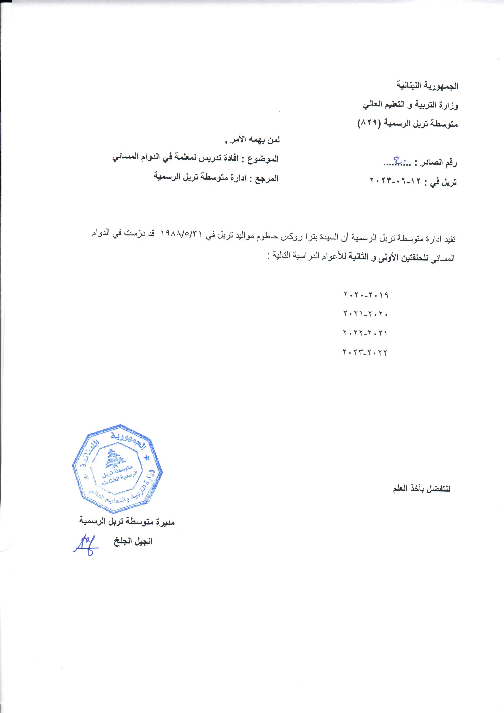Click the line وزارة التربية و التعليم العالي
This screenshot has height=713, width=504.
[x=410, y=105]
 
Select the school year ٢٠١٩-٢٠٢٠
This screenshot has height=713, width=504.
[x=366, y=295]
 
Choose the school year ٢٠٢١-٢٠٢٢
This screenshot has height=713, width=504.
[x=366, y=333]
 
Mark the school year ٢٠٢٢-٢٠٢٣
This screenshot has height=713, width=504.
[x=366, y=353]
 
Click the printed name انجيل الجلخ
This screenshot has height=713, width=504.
[x=133, y=542]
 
